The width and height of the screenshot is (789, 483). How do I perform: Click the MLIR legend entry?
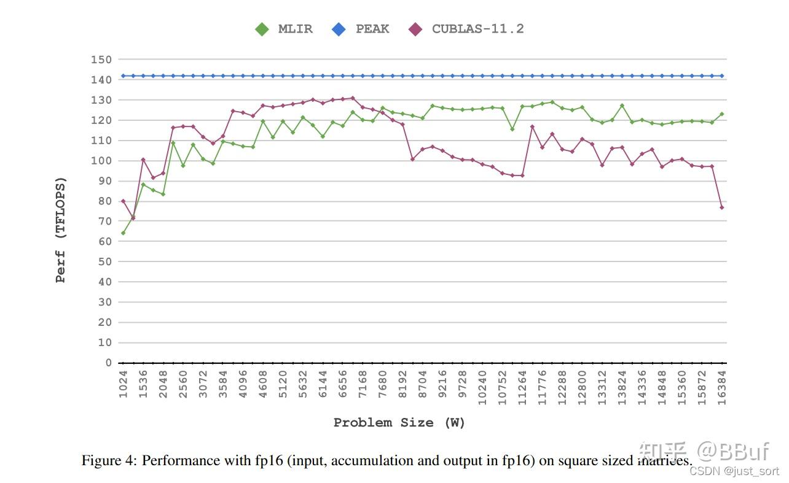click(x=284, y=29)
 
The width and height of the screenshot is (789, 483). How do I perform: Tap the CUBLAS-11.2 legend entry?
click(x=467, y=29)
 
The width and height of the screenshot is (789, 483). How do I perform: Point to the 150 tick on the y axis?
click(x=101, y=60)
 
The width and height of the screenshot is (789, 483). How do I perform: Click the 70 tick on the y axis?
click(x=105, y=221)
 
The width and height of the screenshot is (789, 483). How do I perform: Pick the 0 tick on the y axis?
click(x=108, y=363)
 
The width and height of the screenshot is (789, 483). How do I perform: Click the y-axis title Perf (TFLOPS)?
click(x=60, y=230)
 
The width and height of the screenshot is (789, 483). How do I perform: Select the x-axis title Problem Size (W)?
click(x=399, y=422)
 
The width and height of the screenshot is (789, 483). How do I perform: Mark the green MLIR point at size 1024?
click(x=123, y=233)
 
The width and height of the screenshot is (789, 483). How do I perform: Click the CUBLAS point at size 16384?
click(x=722, y=207)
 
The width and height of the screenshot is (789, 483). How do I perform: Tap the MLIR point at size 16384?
click(x=722, y=114)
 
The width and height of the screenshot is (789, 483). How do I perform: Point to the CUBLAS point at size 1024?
click(x=123, y=201)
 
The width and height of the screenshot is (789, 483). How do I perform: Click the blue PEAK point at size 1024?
click(x=123, y=75)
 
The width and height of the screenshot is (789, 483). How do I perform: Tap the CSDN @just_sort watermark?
click(x=734, y=471)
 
